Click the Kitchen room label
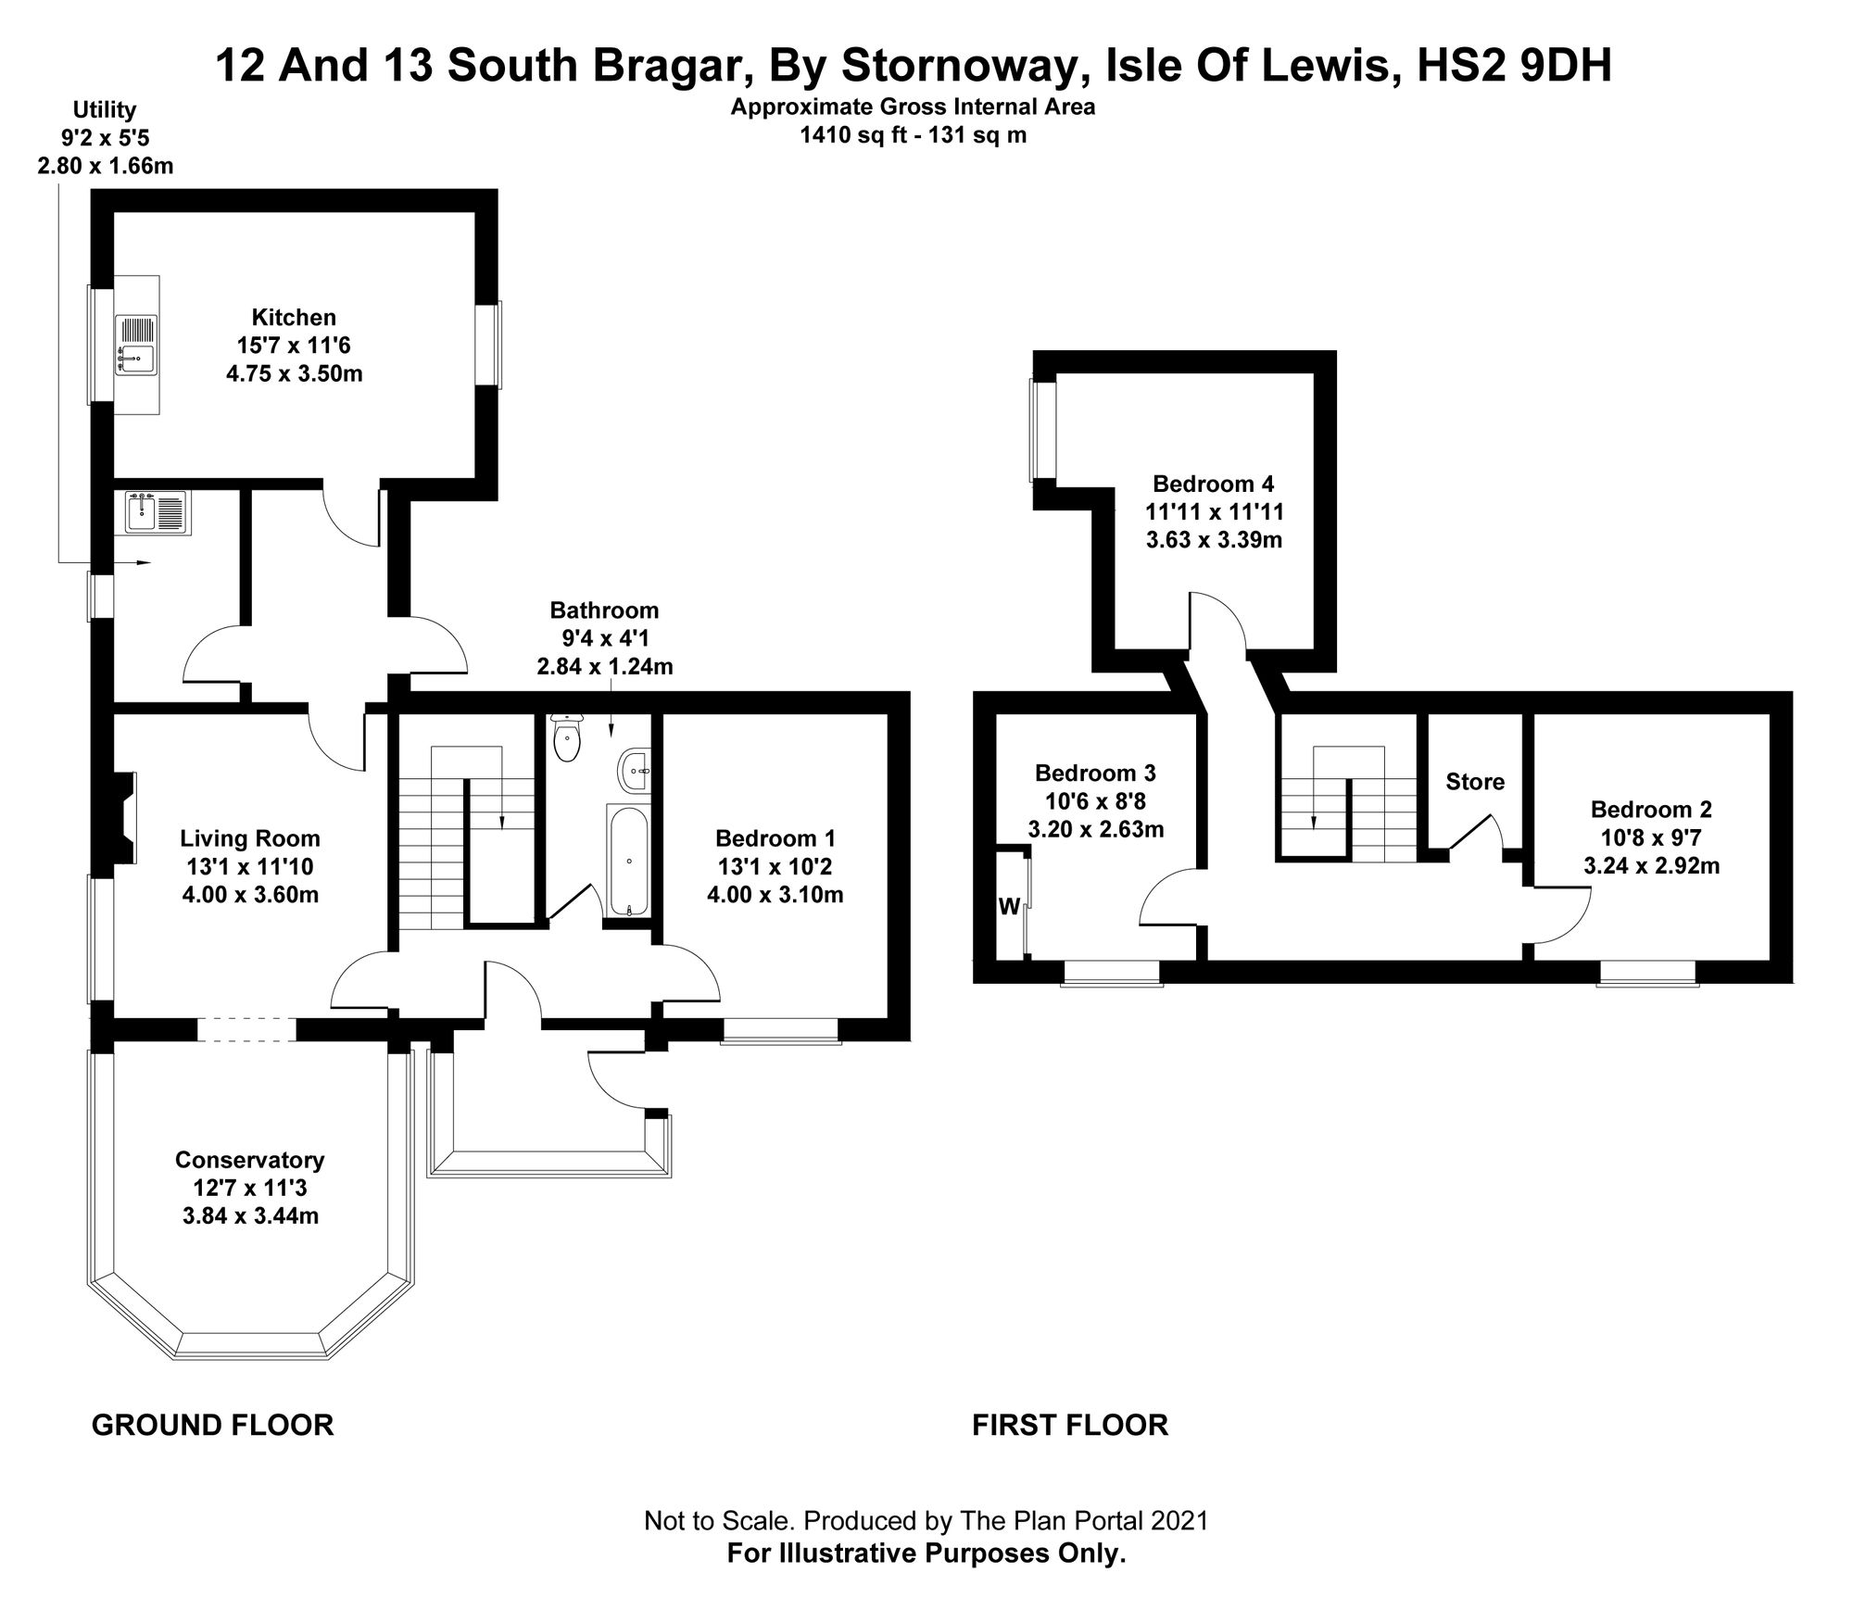[x=295, y=318]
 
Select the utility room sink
[x=157, y=513]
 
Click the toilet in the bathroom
[x=566, y=737]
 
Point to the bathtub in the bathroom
[x=629, y=862]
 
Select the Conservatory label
[x=249, y=1160]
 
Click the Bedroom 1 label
[x=775, y=838]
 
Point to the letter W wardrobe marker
[x=1009, y=907]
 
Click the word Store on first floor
[x=1475, y=782]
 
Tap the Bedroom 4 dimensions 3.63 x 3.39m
[x=1214, y=540]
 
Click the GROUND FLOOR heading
[x=212, y=1425]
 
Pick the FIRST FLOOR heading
[x=1070, y=1425]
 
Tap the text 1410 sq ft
[x=851, y=136]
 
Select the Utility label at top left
[x=105, y=110]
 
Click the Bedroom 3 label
[x=1095, y=773]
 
